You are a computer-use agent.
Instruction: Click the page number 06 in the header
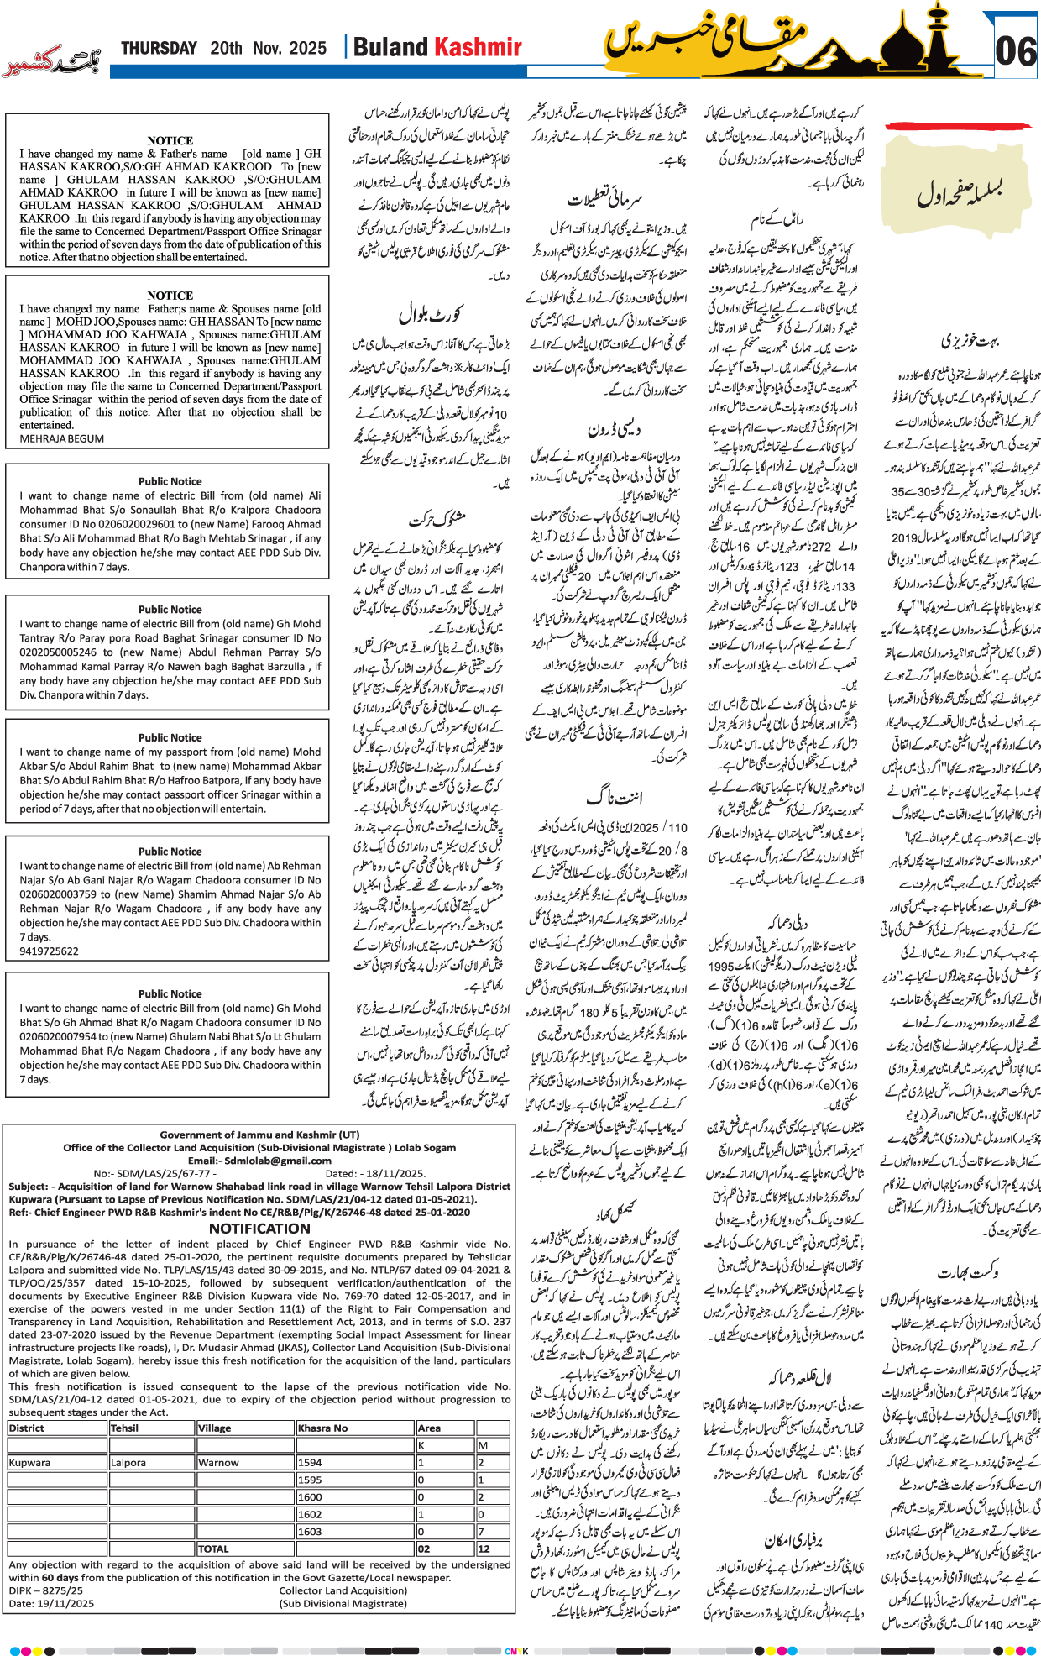click(x=1015, y=52)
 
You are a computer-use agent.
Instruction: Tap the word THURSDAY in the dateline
click(x=159, y=48)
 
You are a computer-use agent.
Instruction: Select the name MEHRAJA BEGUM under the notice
click(x=62, y=438)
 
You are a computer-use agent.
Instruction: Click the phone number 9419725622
click(x=49, y=951)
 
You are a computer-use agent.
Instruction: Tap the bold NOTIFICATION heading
click(x=259, y=1228)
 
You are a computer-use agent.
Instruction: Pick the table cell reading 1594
click(x=310, y=1462)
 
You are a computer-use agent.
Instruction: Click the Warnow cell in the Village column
click(x=218, y=1462)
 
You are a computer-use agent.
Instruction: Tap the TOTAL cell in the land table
click(x=213, y=1549)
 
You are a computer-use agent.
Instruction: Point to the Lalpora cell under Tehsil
click(x=128, y=1462)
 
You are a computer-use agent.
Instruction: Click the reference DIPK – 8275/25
click(x=46, y=1590)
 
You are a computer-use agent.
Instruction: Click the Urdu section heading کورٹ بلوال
click(x=431, y=315)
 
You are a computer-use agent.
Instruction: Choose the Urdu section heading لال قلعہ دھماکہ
click(x=800, y=1378)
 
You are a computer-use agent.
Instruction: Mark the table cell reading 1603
click(x=310, y=1531)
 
